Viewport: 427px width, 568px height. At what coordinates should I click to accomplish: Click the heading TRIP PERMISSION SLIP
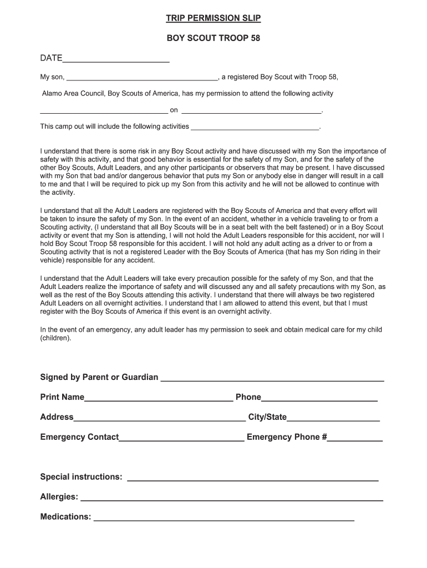click(213, 19)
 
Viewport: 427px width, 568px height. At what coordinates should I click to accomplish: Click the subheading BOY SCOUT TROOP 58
click(213, 39)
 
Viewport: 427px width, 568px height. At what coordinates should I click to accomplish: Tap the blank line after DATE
click(116, 60)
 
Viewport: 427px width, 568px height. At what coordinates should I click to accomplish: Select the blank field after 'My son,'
click(142, 78)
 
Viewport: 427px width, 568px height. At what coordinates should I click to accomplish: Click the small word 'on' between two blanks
click(174, 110)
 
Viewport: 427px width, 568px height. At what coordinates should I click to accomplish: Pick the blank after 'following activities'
click(255, 127)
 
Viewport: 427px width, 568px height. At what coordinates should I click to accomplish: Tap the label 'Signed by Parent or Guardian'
click(99, 377)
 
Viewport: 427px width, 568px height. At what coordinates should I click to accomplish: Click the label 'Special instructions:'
click(81, 477)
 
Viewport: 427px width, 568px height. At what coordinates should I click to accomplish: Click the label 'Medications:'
click(65, 517)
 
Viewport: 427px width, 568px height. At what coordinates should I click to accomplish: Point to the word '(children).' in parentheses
click(55, 337)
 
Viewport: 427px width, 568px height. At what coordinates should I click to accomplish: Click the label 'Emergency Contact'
click(79, 437)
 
